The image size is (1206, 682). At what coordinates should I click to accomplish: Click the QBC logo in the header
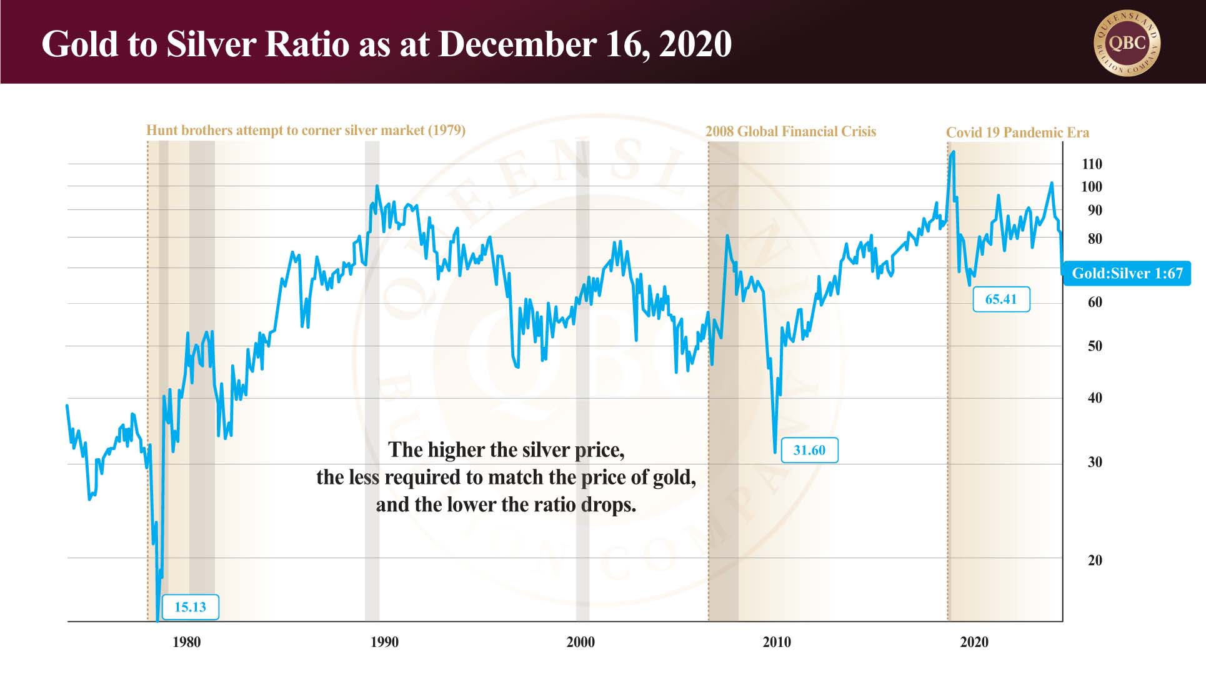(x=1127, y=43)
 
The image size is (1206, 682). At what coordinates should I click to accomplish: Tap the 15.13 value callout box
(x=190, y=607)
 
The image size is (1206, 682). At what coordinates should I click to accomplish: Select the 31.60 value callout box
(x=809, y=450)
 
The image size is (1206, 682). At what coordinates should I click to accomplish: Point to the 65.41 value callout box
(x=1001, y=299)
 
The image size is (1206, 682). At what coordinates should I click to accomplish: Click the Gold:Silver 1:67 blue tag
(x=1127, y=273)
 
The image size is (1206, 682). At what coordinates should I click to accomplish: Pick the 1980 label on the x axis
(x=186, y=642)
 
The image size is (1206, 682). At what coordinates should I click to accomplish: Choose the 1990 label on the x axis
(x=384, y=642)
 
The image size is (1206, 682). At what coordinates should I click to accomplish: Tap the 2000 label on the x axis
(x=581, y=642)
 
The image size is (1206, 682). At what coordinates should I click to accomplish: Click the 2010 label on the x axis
(x=777, y=642)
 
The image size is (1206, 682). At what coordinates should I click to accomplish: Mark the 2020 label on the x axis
(x=974, y=642)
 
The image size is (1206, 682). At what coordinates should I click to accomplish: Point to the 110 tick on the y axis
(x=1092, y=164)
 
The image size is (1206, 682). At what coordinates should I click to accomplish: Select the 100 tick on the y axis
(x=1092, y=187)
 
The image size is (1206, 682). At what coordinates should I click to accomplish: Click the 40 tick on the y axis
(x=1095, y=398)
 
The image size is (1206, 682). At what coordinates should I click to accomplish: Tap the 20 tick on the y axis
(x=1095, y=561)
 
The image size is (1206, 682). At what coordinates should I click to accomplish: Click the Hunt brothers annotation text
(x=306, y=131)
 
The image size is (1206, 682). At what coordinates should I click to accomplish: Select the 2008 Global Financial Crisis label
(x=790, y=132)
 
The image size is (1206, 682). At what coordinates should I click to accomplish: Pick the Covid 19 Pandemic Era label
(x=1017, y=133)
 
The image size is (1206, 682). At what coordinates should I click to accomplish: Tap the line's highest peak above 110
(x=953, y=152)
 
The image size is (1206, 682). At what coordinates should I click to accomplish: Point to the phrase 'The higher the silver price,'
(x=506, y=450)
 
